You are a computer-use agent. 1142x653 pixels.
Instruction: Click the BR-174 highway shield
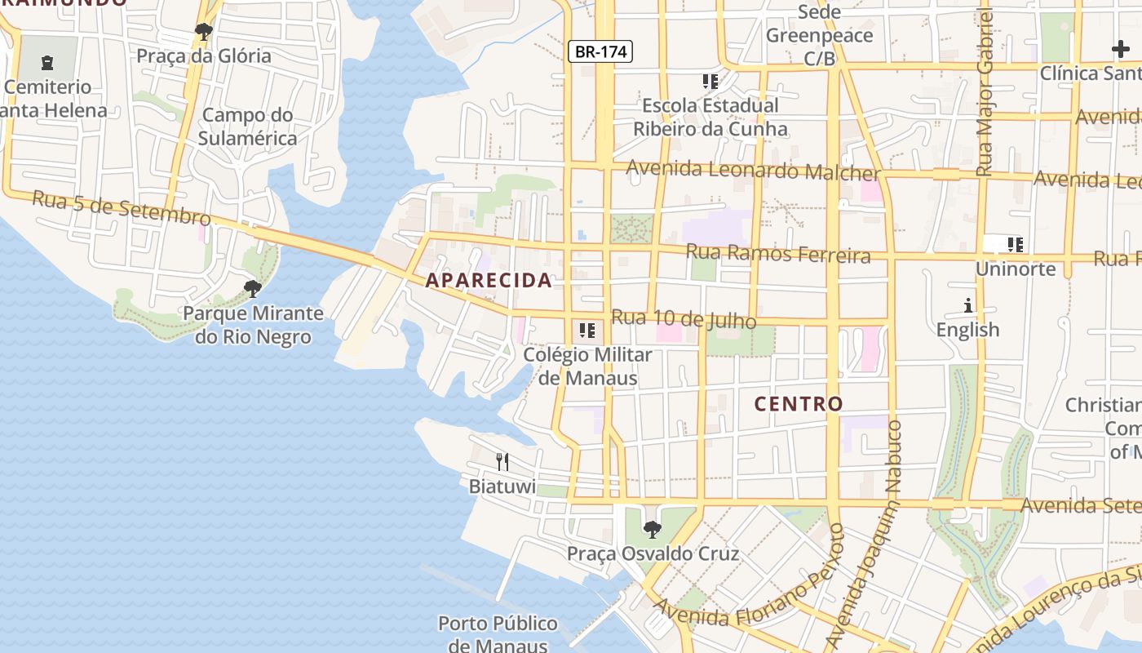click(600, 52)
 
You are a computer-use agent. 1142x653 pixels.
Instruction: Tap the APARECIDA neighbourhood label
click(489, 281)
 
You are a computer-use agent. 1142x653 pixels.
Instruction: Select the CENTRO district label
click(799, 404)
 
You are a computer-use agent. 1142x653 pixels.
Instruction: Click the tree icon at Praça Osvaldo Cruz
click(652, 530)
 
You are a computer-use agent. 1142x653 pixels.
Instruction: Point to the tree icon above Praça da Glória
click(203, 33)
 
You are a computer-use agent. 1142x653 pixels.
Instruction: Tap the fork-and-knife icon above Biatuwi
click(502, 462)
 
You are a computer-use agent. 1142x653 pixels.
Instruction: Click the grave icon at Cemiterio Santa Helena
click(47, 62)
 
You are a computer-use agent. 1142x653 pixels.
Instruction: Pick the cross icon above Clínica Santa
click(1121, 49)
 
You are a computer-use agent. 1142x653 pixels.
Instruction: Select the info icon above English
click(968, 306)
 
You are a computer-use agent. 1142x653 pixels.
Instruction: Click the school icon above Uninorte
click(1015, 244)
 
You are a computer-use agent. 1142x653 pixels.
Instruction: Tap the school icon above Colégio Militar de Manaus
click(586, 331)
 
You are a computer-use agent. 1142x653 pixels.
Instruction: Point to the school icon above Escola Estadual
click(710, 82)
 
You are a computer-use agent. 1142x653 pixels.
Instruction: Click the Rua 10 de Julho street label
click(684, 320)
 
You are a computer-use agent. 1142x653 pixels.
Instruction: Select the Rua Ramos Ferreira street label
click(778, 254)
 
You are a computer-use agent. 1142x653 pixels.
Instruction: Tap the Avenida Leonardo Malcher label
click(754, 171)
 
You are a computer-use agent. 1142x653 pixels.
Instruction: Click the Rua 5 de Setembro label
click(122, 207)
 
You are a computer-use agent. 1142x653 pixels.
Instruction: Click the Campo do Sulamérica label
click(247, 127)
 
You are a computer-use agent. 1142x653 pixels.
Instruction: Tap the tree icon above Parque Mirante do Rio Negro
click(253, 288)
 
